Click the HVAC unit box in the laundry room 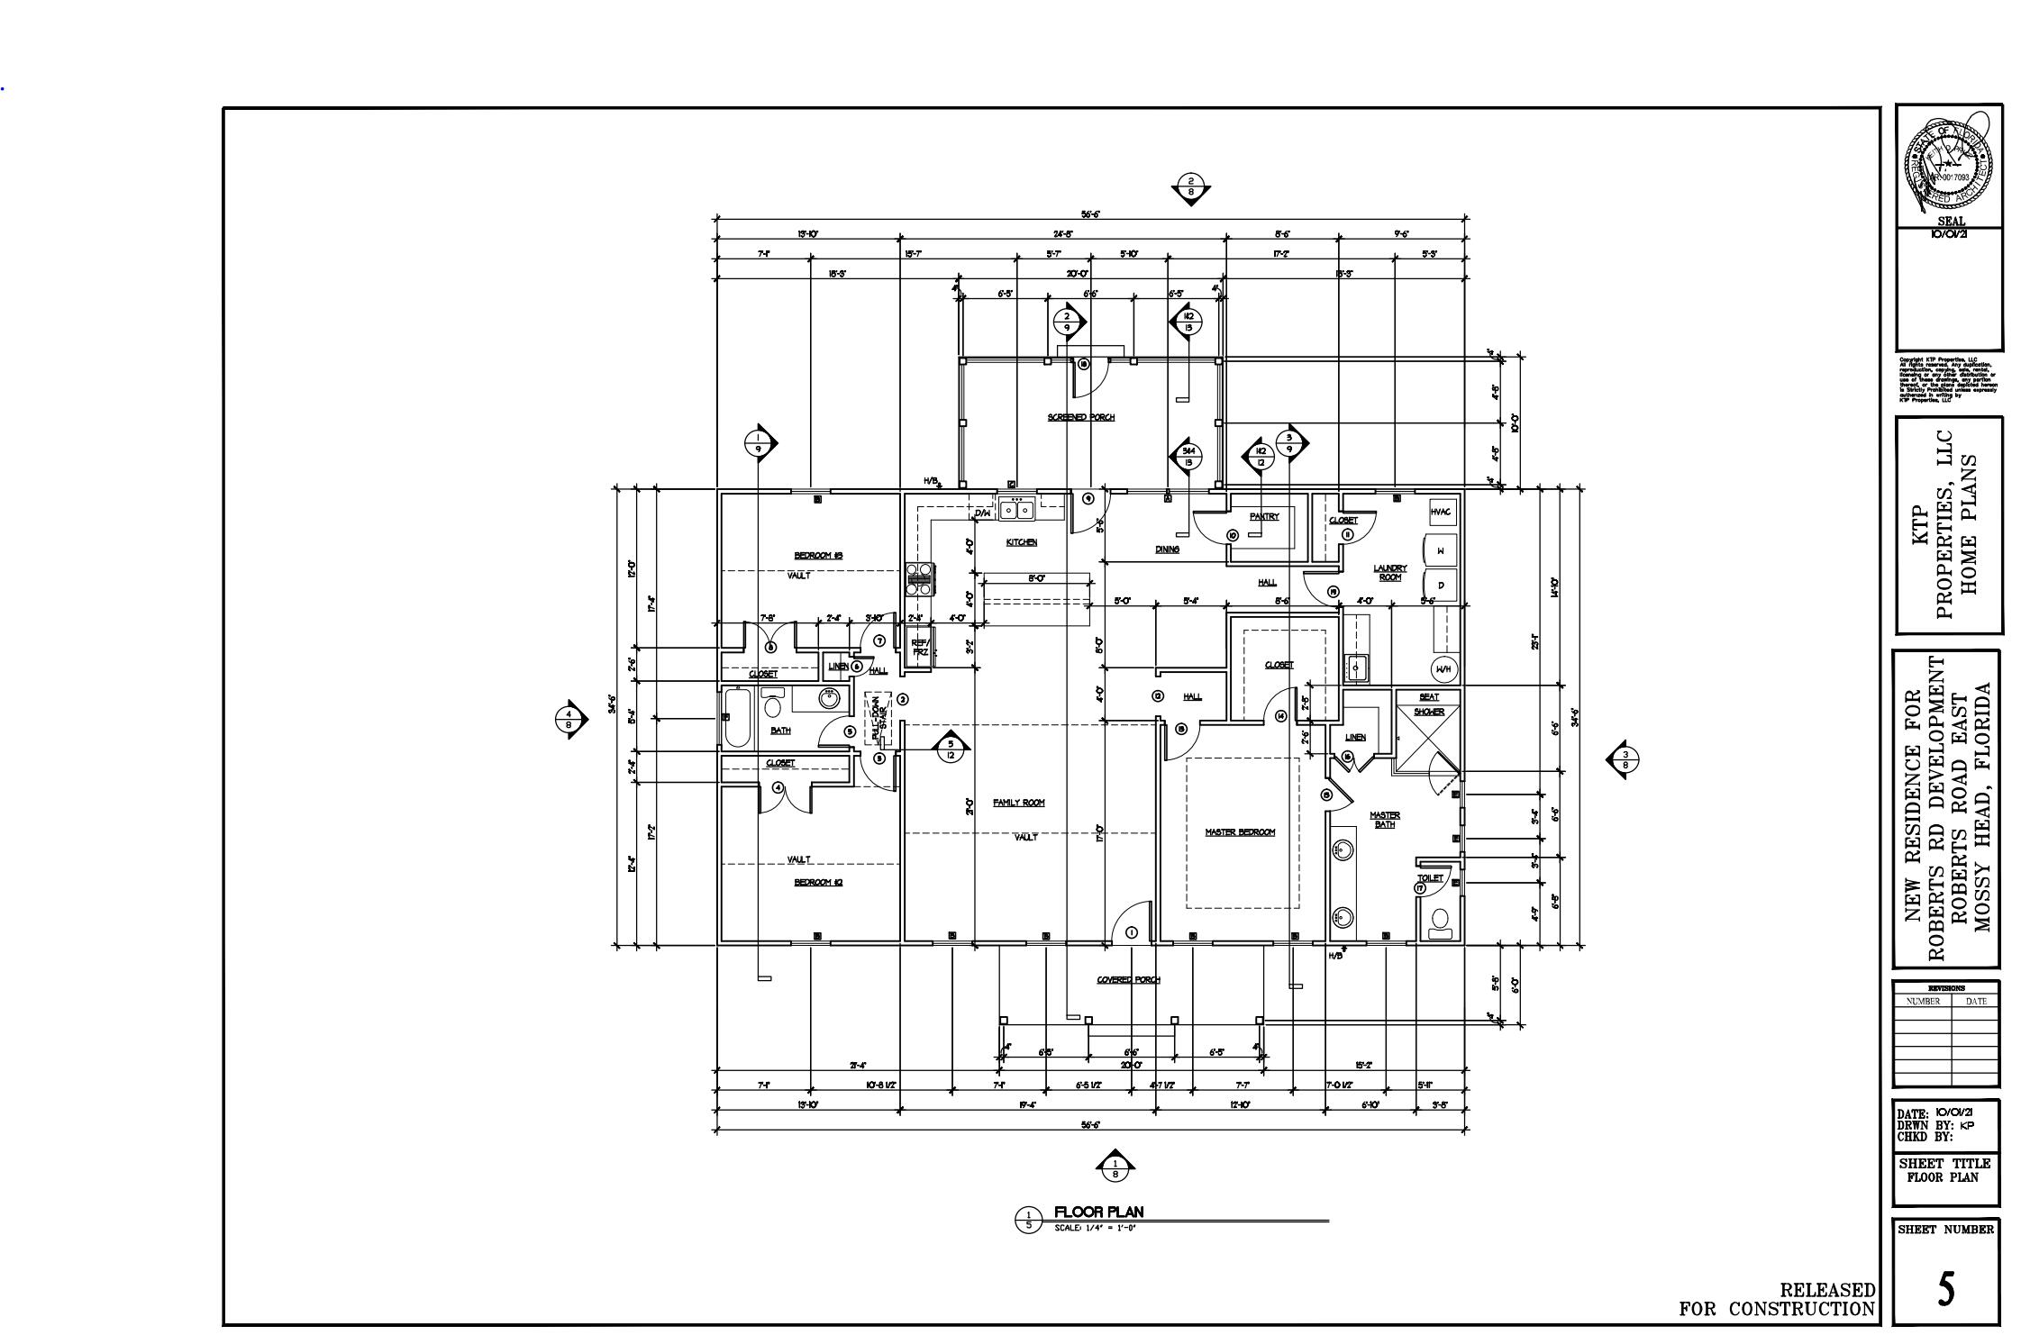point(1441,512)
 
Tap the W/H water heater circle point(1443,669)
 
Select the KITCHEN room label point(1021,542)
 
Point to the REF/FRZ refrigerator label point(920,647)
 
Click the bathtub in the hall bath point(737,717)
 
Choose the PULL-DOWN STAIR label point(878,718)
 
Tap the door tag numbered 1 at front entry point(1132,932)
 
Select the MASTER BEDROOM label point(1240,832)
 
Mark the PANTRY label point(1264,516)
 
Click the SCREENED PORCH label point(1080,417)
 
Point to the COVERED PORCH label point(1128,980)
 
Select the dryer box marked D point(1441,586)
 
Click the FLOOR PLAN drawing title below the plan point(1098,1212)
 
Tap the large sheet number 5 point(1946,1290)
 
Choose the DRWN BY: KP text point(1933,1125)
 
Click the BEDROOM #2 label point(817,882)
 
